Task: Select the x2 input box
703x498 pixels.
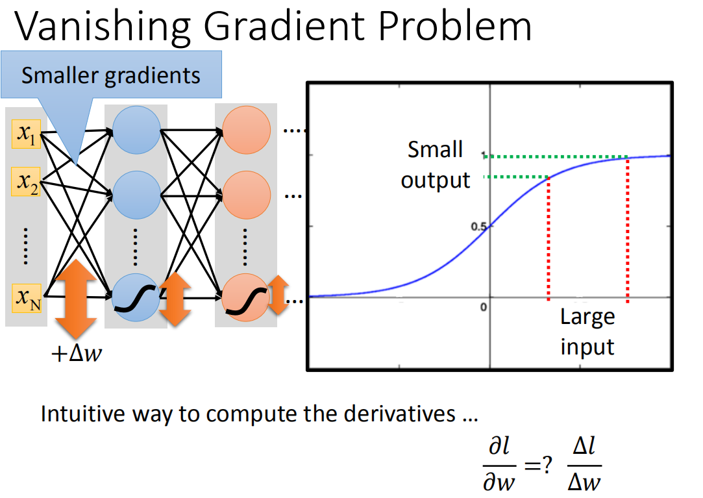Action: point(27,184)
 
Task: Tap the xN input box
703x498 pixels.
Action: point(27,299)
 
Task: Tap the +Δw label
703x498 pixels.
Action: point(76,355)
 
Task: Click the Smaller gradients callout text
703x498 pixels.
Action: point(111,76)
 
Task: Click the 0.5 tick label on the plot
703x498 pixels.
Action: point(480,227)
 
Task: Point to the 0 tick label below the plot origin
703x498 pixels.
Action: point(484,306)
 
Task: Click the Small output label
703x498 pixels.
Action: point(435,165)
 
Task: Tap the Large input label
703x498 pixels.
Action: point(587,332)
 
